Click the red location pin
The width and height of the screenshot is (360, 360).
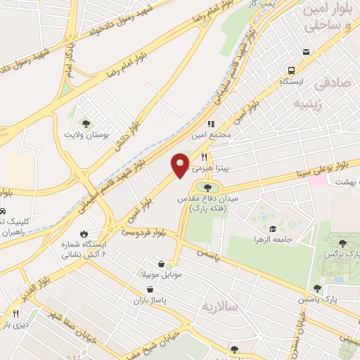tap(181, 165)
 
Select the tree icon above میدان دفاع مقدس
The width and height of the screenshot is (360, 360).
tap(207, 187)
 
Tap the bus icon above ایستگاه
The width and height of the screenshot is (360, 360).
tap(291, 70)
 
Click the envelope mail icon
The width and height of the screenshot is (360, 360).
tap(305, 52)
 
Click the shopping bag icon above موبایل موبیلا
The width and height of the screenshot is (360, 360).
tap(162, 264)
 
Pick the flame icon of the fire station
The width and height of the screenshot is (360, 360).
tap(84, 233)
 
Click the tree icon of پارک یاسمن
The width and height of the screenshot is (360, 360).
tap(318, 288)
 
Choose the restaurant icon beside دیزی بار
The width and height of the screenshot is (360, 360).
tap(16, 314)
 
